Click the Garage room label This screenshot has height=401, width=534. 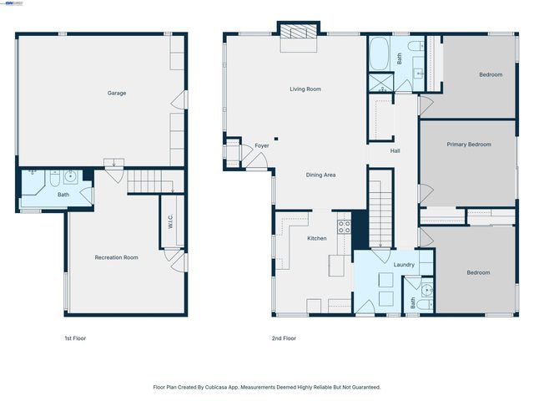[x=117, y=93]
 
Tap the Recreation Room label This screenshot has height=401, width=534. [x=117, y=257]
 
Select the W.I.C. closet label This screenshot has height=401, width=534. [x=169, y=222]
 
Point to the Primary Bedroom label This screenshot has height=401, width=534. [x=468, y=145]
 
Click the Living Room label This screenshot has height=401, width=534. [x=305, y=89]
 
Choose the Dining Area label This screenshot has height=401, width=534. [x=320, y=175]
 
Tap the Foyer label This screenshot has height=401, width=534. [x=262, y=145]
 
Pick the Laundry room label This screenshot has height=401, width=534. [x=405, y=265]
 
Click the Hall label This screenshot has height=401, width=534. [x=395, y=151]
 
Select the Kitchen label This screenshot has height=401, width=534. [x=317, y=239]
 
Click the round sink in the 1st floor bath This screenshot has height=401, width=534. [x=71, y=176]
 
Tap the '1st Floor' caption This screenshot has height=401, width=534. [x=75, y=338]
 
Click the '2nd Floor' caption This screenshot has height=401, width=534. [x=284, y=338]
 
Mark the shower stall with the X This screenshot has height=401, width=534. [x=380, y=84]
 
